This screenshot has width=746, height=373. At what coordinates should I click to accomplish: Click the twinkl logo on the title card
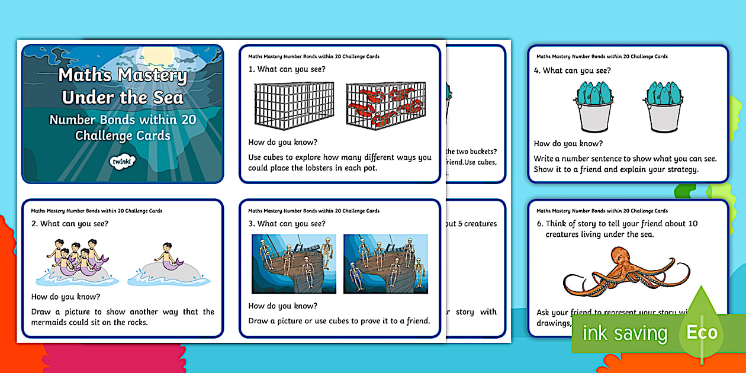click(x=123, y=161)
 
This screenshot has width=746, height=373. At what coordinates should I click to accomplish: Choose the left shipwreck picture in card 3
click(x=294, y=263)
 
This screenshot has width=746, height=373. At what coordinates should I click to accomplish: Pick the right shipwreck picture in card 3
click(x=385, y=263)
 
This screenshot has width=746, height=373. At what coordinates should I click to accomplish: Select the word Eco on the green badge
click(x=702, y=332)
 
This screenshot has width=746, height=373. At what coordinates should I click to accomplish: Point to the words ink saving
click(x=625, y=333)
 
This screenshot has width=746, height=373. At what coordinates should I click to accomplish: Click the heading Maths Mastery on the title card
click(x=123, y=76)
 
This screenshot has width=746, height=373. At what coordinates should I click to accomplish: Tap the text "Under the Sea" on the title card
click(x=123, y=97)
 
